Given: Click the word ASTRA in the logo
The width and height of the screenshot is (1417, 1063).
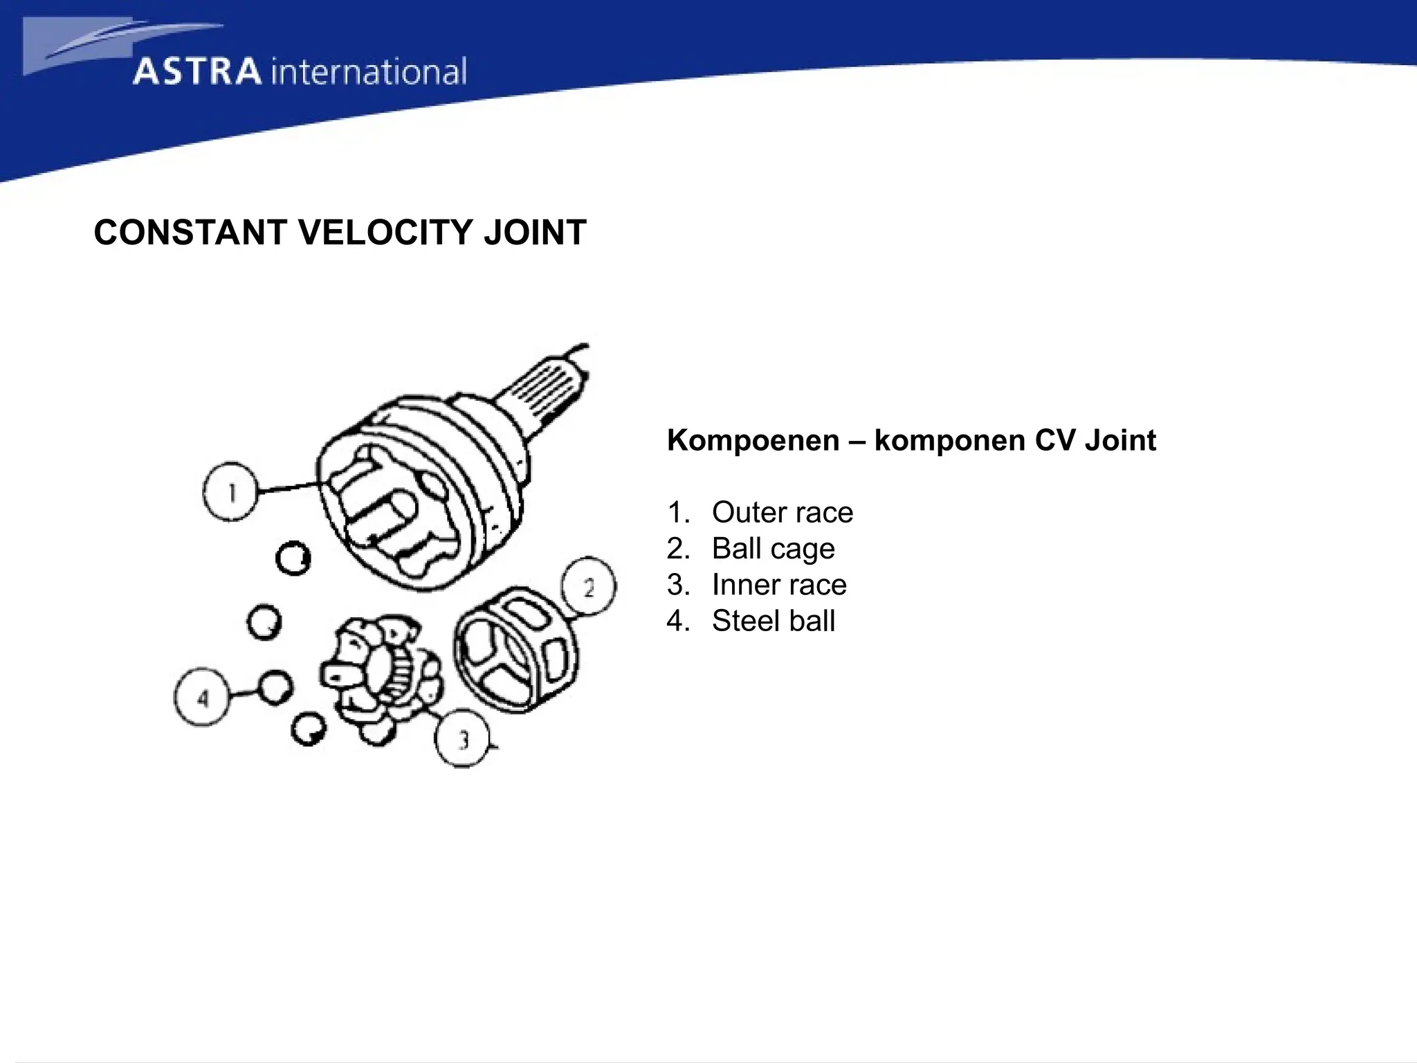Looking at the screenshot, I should pos(197,72).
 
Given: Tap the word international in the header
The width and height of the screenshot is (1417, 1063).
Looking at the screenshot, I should pos(369,72).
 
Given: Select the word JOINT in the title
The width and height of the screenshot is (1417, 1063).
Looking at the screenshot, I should pos(535,233).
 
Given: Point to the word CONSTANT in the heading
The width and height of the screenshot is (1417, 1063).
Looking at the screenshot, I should pos(190,233).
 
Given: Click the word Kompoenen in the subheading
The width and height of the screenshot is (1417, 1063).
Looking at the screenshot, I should pos(753,440).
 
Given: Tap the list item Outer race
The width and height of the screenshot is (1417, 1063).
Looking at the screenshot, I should pos(782,513).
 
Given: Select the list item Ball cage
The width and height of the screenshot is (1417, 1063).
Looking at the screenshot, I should pos(773,549).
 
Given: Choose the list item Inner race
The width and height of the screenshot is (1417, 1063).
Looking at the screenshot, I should pos(778,585).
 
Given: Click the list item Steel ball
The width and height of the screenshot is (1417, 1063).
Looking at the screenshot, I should pos(773,621).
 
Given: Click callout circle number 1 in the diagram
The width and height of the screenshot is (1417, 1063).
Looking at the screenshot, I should pos(230,492).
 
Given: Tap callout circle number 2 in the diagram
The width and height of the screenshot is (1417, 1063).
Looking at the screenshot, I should pos(588,587).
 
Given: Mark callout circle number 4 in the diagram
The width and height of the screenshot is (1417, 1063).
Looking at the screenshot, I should pos(201,697).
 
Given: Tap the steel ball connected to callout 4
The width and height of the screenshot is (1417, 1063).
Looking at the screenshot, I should pos(275,687).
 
